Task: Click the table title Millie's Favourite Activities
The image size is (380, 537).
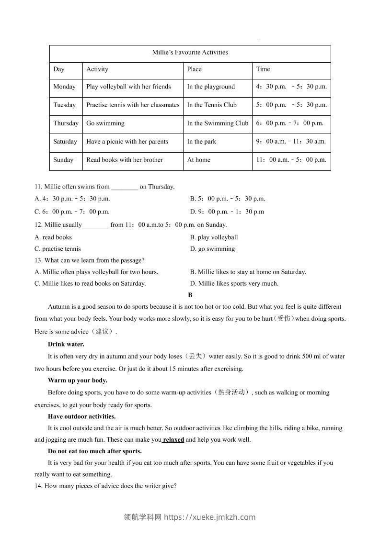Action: (190, 52)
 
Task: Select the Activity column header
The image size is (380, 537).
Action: (97, 69)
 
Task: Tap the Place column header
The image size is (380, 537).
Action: (195, 69)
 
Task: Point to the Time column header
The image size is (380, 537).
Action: (263, 69)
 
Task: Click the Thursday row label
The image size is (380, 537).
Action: (66, 123)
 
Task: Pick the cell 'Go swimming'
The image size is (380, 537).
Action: (105, 123)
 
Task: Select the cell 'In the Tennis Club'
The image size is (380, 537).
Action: (212, 105)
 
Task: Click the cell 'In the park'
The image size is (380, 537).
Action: (202, 141)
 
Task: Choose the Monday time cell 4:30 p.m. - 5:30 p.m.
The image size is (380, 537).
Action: (291, 87)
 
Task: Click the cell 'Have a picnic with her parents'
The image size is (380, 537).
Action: (127, 141)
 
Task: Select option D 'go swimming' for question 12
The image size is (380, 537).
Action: (212, 249)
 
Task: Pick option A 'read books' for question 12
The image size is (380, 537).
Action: (53, 237)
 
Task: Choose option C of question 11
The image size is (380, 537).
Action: (72, 212)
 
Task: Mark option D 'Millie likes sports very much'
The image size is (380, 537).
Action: (234, 283)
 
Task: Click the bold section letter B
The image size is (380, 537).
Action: (190, 295)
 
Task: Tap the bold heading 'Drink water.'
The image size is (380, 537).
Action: (66, 344)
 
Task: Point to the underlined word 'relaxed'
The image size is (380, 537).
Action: (173, 439)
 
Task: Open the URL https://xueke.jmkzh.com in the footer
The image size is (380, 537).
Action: (210, 517)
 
